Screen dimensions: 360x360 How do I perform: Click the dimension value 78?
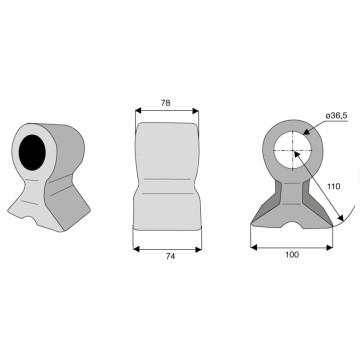click(x=165, y=103)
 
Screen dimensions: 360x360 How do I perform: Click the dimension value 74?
click(x=170, y=256)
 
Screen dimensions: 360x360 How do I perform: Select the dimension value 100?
click(x=292, y=255)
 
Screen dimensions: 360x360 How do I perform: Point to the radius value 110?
click(x=334, y=186)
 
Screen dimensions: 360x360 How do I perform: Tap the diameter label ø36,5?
click(x=337, y=116)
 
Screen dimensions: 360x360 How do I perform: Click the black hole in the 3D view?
click(x=32, y=153)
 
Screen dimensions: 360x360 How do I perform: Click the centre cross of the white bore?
click(x=293, y=151)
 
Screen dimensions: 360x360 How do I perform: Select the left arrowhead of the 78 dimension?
click(x=139, y=111)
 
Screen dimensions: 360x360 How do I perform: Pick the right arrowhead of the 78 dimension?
click(x=195, y=111)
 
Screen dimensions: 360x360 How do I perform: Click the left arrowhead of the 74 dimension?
click(x=136, y=249)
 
